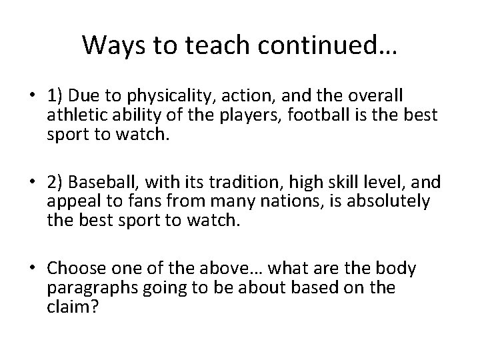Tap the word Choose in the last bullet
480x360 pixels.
pyautogui.click(x=71, y=269)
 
